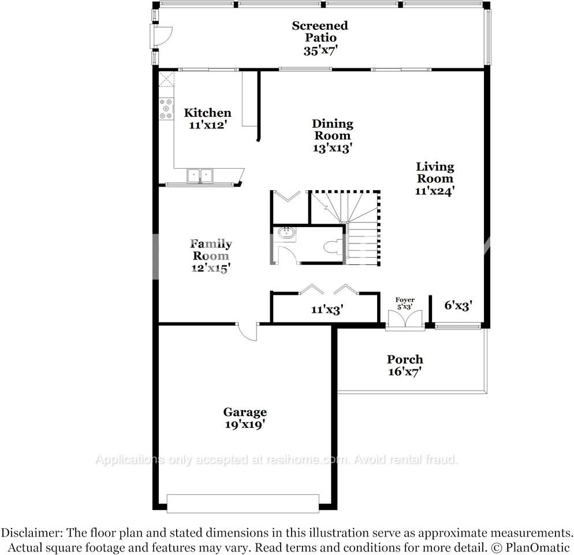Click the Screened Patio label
tap(320, 32)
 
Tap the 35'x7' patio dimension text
tap(320, 50)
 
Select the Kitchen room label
tap(207, 113)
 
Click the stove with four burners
tap(166, 109)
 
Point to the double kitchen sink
tap(200, 176)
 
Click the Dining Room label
tap(332, 129)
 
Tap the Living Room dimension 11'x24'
tap(435, 191)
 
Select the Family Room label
tap(211, 249)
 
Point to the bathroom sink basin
tap(286, 234)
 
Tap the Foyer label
tap(405, 299)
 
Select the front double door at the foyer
tap(405, 320)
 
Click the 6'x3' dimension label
tap(459, 306)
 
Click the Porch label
tap(405, 360)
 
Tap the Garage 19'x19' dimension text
tap(245, 425)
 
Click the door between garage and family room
tap(247, 332)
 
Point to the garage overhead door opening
tap(243, 503)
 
